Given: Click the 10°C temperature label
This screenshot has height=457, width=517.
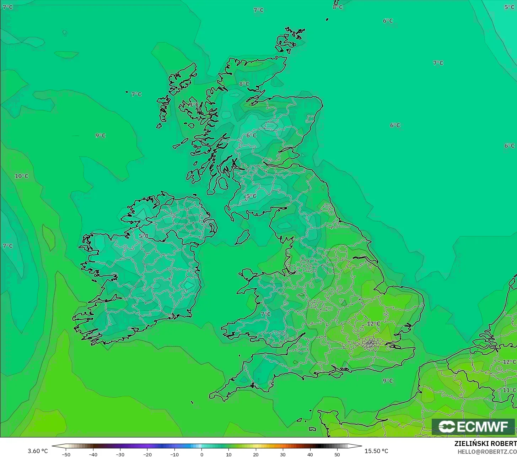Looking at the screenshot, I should [x=22, y=176].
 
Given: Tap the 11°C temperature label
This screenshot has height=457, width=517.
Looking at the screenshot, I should [x=509, y=390].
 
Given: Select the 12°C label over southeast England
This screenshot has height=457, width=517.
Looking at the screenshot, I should [x=373, y=324].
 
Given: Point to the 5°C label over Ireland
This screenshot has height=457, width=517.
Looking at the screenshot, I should [x=144, y=236].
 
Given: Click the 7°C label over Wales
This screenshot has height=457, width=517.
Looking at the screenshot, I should [x=265, y=314].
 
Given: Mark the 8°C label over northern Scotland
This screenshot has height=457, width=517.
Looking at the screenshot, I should [x=244, y=84].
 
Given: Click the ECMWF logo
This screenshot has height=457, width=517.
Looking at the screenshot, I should [x=473, y=426].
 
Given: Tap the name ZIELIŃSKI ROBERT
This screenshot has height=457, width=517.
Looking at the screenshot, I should [x=485, y=444].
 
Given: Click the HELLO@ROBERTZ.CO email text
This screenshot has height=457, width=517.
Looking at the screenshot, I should [x=487, y=452].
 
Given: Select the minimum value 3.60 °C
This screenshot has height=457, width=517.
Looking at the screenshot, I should [x=38, y=451].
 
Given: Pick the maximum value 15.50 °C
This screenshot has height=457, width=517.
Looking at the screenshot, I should [x=376, y=451].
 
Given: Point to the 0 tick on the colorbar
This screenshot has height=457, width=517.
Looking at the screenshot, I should [x=201, y=455].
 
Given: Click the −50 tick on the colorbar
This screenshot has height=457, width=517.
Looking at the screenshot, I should [x=66, y=455].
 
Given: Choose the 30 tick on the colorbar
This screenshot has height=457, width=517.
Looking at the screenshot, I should [x=283, y=455].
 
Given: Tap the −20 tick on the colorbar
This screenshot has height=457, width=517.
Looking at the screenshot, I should [x=147, y=455].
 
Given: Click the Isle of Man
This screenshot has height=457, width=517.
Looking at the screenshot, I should [x=243, y=237].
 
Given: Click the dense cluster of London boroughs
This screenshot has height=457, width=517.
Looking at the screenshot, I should [x=371, y=343].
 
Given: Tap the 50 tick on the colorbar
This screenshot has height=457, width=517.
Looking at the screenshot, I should [x=337, y=455].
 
